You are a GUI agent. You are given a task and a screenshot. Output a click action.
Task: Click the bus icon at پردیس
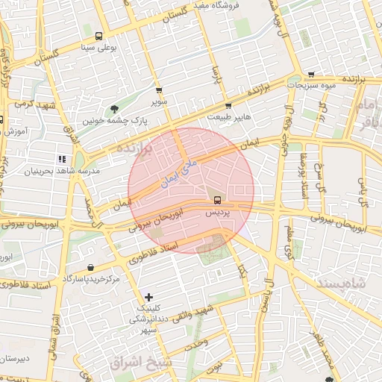[x=217, y=200]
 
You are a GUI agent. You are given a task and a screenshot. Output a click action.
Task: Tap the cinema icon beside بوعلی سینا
[x=99, y=36]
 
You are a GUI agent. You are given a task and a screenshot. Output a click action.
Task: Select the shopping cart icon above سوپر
[x=158, y=90]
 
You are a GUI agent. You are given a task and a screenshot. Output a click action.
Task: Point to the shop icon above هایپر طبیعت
[x=228, y=106]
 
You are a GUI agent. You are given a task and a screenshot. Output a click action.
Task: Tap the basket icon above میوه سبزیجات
[x=310, y=74]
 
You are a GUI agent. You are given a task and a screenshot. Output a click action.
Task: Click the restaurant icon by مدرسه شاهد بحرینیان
[x=61, y=159]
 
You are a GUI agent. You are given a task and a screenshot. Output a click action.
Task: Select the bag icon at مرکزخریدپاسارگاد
[x=90, y=268]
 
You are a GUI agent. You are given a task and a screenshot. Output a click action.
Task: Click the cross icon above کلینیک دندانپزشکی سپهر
[x=148, y=296]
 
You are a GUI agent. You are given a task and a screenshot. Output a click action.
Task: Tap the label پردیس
[x=217, y=213]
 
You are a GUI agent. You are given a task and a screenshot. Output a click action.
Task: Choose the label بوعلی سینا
[x=98, y=48]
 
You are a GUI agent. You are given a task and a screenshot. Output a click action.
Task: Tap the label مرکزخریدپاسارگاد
[x=91, y=279]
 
